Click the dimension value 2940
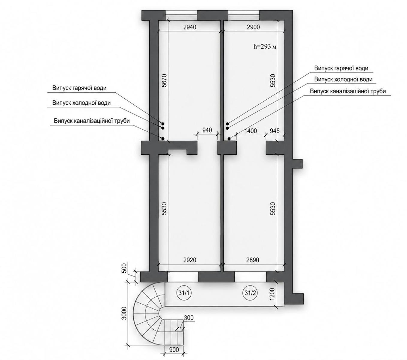[x=189, y=27]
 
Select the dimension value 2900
[x=253, y=27]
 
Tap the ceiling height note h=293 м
[x=265, y=47]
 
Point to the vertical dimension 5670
[x=164, y=80]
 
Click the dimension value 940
[x=207, y=130]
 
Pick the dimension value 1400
[x=251, y=131]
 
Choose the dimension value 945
[x=275, y=131]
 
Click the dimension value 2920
[x=190, y=260]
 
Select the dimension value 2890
[x=253, y=260]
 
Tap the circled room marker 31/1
[x=184, y=293]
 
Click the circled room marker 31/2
[x=250, y=293]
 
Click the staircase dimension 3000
[x=124, y=313]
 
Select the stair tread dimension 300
[x=189, y=318]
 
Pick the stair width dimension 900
[x=174, y=350]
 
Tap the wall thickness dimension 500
[x=124, y=268]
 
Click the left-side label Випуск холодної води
[x=81, y=103]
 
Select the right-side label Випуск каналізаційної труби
[x=348, y=91]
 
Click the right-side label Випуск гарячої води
[x=341, y=68]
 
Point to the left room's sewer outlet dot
[x=163, y=139]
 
